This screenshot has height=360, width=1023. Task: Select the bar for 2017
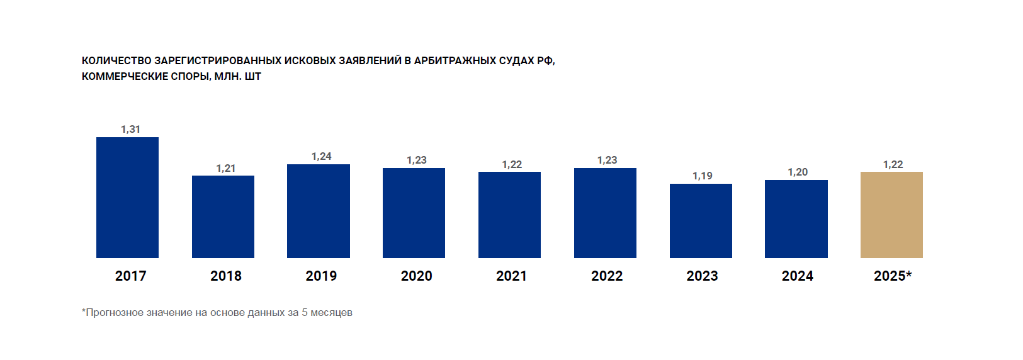tap(127, 198)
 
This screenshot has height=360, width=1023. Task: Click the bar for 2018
tap(223, 217)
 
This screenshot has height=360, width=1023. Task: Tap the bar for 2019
tap(319, 211)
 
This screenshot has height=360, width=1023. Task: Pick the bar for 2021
tap(509, 215)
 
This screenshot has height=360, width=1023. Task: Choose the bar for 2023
tap(701, 221)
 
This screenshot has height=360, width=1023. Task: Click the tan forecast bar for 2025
tap(891, 215)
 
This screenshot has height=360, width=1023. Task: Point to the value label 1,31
tap(131, 129)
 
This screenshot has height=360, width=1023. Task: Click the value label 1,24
tap(321, 156)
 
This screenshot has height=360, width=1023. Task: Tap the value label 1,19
tap(703, 176)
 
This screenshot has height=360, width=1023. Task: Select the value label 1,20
tap(798, 172)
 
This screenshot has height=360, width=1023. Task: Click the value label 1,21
tap(226, 168)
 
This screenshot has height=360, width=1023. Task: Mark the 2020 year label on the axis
tap(416, 276)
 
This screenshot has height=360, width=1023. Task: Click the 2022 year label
tap(607, 276)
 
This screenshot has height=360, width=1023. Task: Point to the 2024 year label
tap(798, 276)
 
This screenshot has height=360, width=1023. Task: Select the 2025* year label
tap(893, 276)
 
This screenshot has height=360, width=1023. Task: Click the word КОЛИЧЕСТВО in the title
tap(116, 60)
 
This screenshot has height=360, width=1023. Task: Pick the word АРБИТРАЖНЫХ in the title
tap(455, 60)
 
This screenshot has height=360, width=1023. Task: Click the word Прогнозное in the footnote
tap(114, 312)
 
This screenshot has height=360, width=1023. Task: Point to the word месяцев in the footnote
tap(331, 312)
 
